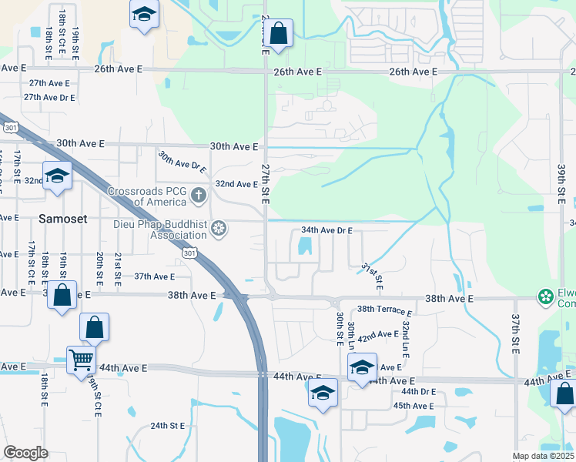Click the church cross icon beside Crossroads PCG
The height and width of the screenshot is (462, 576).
199,195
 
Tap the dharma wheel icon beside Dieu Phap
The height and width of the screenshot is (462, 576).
219,229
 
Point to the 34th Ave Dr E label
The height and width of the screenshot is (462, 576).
327,230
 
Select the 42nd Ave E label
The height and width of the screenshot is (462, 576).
377,335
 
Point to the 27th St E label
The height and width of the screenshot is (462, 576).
265,182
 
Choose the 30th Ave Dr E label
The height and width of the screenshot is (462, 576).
183,160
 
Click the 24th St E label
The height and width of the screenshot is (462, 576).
168,426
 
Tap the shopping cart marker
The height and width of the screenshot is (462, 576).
80,358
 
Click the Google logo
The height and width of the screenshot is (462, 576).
25,453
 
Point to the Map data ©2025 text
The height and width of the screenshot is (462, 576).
542,456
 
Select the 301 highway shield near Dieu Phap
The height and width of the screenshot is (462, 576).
189,252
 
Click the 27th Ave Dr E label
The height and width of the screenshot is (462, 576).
49,98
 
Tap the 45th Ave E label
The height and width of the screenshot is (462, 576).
414,405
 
